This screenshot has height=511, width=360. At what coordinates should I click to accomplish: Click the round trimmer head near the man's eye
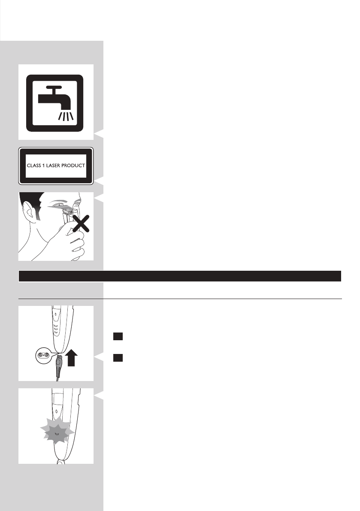(67, 212)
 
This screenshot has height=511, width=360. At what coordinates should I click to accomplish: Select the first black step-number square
(118, 337)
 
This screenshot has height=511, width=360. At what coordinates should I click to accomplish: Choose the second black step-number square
(118, 357)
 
